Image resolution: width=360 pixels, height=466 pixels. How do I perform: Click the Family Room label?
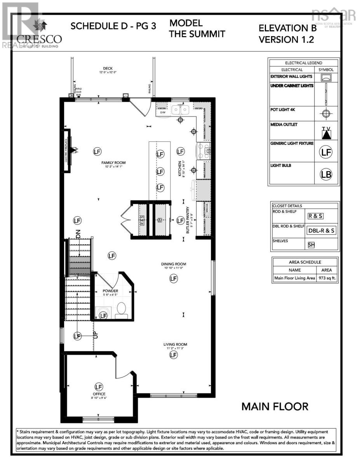pos(113,163)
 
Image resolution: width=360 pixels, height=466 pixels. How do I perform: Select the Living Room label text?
pos(175,344)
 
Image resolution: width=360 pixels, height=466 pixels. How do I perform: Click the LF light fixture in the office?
pos(99,387)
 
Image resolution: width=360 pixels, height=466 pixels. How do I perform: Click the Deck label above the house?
pos(108,69)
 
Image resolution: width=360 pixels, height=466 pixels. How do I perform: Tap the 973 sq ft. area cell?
pos(327,278)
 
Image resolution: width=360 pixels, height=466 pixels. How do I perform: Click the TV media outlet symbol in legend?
pos(327,133)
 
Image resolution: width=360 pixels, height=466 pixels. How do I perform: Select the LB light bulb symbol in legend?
pos(326,174)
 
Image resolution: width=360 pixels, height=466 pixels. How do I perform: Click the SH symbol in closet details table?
pos(311,245)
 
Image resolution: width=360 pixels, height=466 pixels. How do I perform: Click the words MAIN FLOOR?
pos(275,407)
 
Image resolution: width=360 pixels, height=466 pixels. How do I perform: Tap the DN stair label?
pos(78,235)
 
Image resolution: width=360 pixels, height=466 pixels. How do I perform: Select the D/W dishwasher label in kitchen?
pos(163,113)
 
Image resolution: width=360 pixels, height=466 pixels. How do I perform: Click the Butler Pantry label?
pos(188,219)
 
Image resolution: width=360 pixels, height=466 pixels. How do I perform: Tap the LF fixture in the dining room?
pos(173,278)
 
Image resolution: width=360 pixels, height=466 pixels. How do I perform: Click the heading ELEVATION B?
pos(287,28)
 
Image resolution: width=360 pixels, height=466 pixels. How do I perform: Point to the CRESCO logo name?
pos(39,39)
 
